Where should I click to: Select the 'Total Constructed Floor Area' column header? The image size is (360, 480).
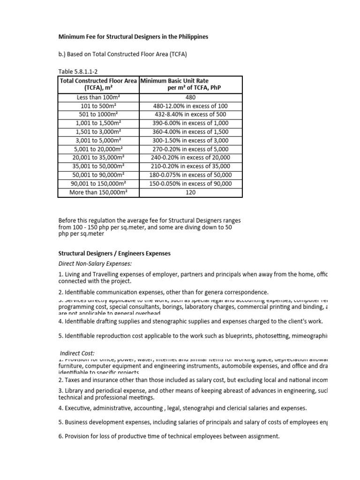[x=98, y=81]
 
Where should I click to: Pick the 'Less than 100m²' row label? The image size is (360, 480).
[x=98, y=97]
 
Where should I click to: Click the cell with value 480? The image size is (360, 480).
[x=190, y=97]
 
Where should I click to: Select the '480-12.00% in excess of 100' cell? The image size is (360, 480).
[x=190, y=106]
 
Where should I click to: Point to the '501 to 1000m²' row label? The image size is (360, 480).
[x=98, y=114]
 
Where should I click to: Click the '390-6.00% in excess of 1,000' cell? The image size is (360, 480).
[x=190, y=123]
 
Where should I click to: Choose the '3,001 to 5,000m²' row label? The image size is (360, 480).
[x=98, y=140]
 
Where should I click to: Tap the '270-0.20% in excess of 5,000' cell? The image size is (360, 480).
[x=190, y=149]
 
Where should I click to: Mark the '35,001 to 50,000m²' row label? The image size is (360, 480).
[x=98, y=166]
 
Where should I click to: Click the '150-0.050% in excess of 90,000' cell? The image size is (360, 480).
[x=190, y=183]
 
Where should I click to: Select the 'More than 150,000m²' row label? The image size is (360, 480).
[x=98, y=192]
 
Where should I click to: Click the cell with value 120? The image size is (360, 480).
[x=190, y=192]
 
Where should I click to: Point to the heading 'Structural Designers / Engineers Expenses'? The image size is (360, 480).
[x=114, y=254]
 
